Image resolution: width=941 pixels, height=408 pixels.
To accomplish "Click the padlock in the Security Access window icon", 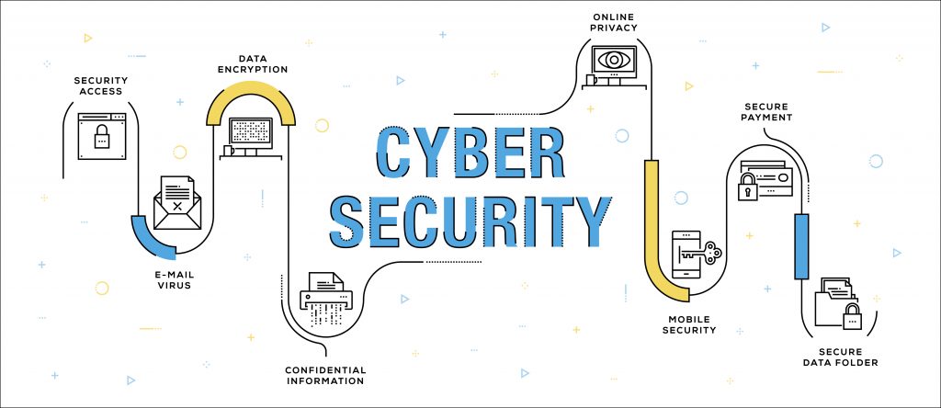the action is pyautogui.click(x=102, y=137).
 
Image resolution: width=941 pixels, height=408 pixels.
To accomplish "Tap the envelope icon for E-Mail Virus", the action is pyautogui.click(x=177, y=203).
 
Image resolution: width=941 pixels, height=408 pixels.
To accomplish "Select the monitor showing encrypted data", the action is pyautogui.click(x=251, y=134).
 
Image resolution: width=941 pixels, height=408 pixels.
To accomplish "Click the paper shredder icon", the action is pyautogui.click(x=327, y=299).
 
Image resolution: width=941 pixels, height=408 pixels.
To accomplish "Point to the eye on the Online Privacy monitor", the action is pyautogui.click(x=613, y=60).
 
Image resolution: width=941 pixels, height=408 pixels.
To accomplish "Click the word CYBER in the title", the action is pyautogui.click(x=470, y=153).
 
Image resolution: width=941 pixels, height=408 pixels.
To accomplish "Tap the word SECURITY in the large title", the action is pyautogui.click(x=470, y=221).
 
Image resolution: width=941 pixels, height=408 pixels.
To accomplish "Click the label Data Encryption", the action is pyautogui.click(x=253, y=64).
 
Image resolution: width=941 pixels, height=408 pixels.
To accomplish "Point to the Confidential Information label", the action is pyautogui.click(x=324, y=375).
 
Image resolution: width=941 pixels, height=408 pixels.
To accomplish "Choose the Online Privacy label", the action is pyautogui.click(x=613, y=22).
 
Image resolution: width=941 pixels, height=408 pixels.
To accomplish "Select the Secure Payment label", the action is pyautogui.click(x=766, y=111).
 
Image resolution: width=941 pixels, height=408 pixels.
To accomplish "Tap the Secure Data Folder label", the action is pyautogui.click(x=840, y=357).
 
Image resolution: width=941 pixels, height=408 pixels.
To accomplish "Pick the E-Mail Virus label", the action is pyautogui.click(x=175, y=280).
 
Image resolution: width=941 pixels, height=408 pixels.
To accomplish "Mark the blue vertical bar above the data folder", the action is pyautogui.click(x=801, y=246).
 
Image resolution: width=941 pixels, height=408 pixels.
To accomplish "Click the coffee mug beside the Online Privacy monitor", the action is pyautogui.click(x=591, y=80).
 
